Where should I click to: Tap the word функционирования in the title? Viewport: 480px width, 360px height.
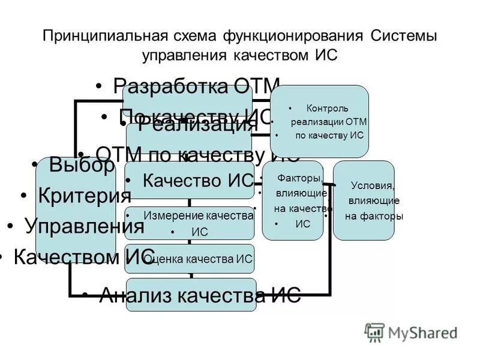click(x=293, y=35)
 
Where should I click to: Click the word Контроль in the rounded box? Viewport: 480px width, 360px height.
click(x=327, y=109)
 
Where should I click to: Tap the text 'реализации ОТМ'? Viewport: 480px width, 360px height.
click(x=329, y=122)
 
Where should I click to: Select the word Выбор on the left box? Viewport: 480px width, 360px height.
click(x=82, y=166)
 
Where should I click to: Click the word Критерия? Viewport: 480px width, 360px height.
click(x=84, y=196)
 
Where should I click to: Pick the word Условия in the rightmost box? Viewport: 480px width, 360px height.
click(x=373, y=185)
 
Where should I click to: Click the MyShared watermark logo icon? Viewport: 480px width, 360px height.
click(x=374, y=332)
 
